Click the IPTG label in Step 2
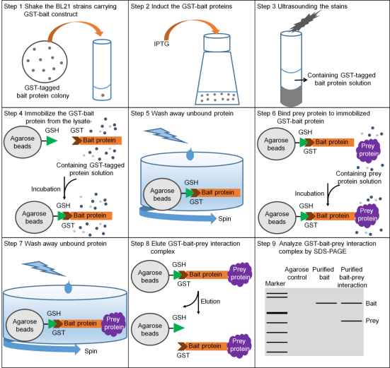[161, 44]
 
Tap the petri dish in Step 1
[45, 61]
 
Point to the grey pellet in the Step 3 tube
[291, 95]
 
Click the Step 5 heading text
[182, 114]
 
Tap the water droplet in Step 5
[190, 154]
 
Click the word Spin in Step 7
[91, 351]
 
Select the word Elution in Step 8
[210, 302]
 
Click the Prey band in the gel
[352, 321]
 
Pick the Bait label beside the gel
[371, 303]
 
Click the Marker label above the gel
[275, 283]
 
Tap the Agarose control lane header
[297, 273]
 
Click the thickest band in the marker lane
[277, 313]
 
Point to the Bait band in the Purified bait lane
[326, 303]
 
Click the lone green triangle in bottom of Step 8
[179, 328]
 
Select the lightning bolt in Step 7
[45, 268]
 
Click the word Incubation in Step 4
[46, 189]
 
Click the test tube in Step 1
[102, 70]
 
